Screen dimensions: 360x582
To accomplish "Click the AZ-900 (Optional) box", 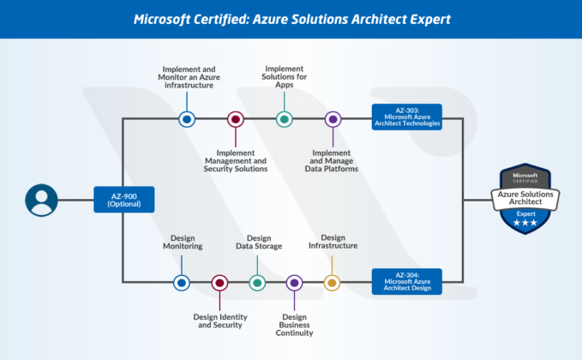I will tap(123, 199).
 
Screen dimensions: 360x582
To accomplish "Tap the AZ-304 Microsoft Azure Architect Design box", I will tap(406, 281).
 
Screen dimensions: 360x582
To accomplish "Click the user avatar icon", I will tap(41, 200).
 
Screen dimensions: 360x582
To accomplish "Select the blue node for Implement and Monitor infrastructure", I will tap(186, 118).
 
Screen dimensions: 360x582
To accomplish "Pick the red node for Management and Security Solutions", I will tap(235, 119).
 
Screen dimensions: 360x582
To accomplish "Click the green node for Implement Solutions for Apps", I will tap(284, 118).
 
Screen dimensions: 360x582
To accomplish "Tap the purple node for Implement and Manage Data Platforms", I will tap(333, 119).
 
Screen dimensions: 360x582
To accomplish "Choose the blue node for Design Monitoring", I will tap(181, 282).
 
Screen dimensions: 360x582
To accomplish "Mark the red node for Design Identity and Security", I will tap(219, 282).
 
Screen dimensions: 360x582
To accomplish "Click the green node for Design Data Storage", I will tap(257, 282).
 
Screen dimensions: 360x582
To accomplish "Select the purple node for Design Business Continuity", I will tap(294, 282).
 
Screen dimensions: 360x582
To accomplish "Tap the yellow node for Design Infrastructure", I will tap(332, 282).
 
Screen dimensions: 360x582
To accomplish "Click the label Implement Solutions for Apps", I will tap(284, 78).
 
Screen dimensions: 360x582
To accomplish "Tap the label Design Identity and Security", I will tap(220, 320).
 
